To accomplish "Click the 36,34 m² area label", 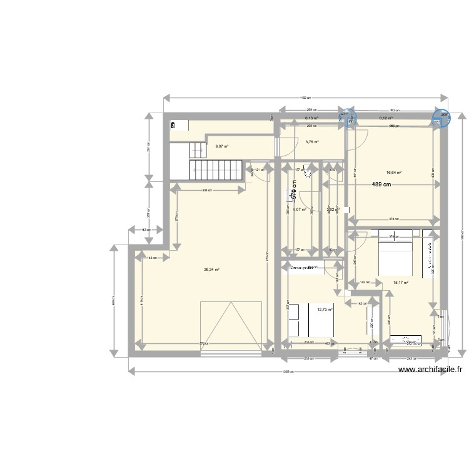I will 211,270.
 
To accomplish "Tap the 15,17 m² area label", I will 400,282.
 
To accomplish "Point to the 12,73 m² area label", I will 325,309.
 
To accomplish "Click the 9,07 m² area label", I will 221,147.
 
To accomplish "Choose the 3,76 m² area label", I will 311,142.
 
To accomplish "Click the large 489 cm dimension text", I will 381,184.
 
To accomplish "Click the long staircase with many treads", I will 216,169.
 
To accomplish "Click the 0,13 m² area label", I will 311,118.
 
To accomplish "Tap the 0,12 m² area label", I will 386,118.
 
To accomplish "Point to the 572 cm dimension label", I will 204,343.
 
